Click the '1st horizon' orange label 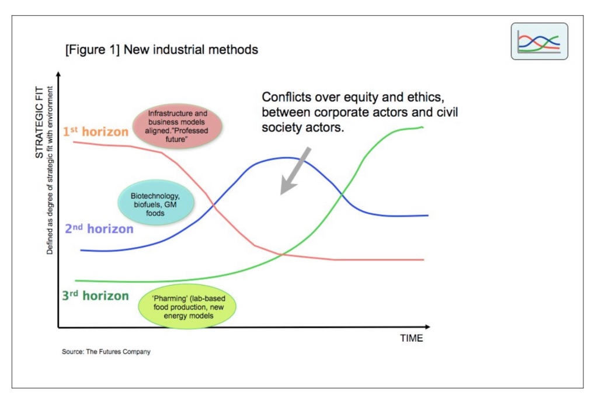click(x=95, y=131)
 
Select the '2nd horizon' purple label click(x=99, y=228)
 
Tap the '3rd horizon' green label click(x=95, y=295)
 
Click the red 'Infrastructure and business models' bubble click(x=178, y=126)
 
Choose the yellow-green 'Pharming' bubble click(x=187, y=306)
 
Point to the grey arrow click(x=295, y=171)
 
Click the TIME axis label click(x=412, y=338)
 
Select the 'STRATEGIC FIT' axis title click(x=39, y=122)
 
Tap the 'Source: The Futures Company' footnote click(x=106, y=351)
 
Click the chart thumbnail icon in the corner click(x=539, y=41)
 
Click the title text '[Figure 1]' click(x=92, y=50)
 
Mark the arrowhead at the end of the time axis click(x=427, y=327)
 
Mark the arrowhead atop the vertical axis click(x=58, y=74)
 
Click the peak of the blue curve click(x=286, y=158)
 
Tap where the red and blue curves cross click(x=214, y=206)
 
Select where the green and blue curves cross click(x=341, y=194)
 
